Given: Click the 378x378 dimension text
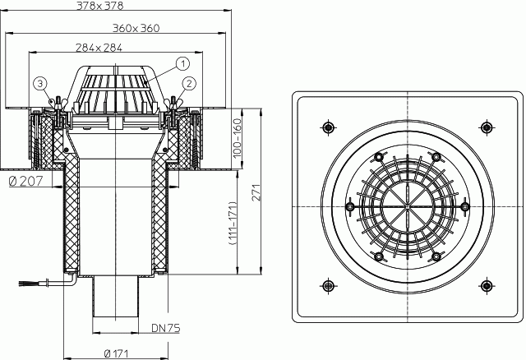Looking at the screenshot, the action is pyautogui.click(x=99, y=6).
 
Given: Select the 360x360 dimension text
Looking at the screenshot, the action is pyautogui.click(x=136, y=28).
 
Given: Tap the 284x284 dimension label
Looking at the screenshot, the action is pyautogui.click(x=99, y=48).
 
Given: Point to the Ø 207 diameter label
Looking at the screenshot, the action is pyautogui.click(x=26, y=181).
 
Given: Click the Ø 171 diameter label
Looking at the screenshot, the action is pyautogui.click(x=116, y=353).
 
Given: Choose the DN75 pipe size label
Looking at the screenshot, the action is pyautogui.click(x=166, y=328).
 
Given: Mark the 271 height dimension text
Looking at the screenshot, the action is pyautogui.click(x=256, y=192).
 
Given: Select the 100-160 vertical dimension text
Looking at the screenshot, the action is pyautogui.click(x=238, y=138).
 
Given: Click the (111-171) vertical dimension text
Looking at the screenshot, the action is pyautogui.click(x=233, y=223).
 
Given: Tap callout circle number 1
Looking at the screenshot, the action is pyautogui.click(x=182, y=63).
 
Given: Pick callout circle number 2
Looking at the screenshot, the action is pyautogui.click(x=190, y=84).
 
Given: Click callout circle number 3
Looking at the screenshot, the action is pyautogui.click(x=40, y=84).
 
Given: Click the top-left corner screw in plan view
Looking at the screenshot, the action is pyautogui.click(x=329, y=127).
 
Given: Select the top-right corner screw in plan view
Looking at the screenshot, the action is pyautogui.click(x=487, y=127).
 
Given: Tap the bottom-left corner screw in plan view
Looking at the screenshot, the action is pyautogui.click(x=329, y=286).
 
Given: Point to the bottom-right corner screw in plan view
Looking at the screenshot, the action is pyautogui.click(x=487, y=286).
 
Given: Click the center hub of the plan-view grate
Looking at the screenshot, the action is pyautogui.click(x=408, y=206).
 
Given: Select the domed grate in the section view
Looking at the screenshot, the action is pyautogui.click(x=115, y=90).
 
